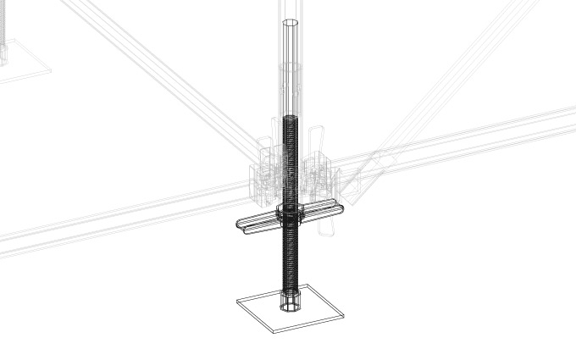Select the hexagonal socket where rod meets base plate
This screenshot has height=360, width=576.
(x=290, y=302)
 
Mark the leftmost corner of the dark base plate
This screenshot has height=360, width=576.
(x=235, y=301)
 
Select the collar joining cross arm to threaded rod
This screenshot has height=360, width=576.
(x=290, y=213)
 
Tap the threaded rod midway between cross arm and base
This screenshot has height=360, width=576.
(x=290, y=258)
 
